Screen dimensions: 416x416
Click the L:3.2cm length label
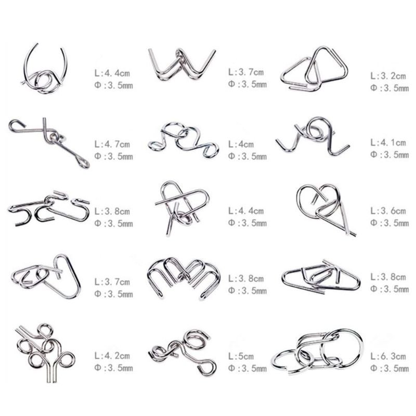click(388, 76)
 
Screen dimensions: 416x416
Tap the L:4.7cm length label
click(112, 145)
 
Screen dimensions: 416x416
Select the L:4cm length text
click(241, 145)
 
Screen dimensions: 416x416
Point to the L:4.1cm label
click(388, 142)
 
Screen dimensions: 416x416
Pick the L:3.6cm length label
click(388, 211)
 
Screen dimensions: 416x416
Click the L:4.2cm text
click(112, 356)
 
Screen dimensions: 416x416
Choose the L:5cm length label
click(241, 356)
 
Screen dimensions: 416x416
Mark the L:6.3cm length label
click(388, 356)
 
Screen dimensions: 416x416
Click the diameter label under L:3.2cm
click(389, 88)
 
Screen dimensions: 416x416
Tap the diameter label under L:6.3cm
click(389, 368)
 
